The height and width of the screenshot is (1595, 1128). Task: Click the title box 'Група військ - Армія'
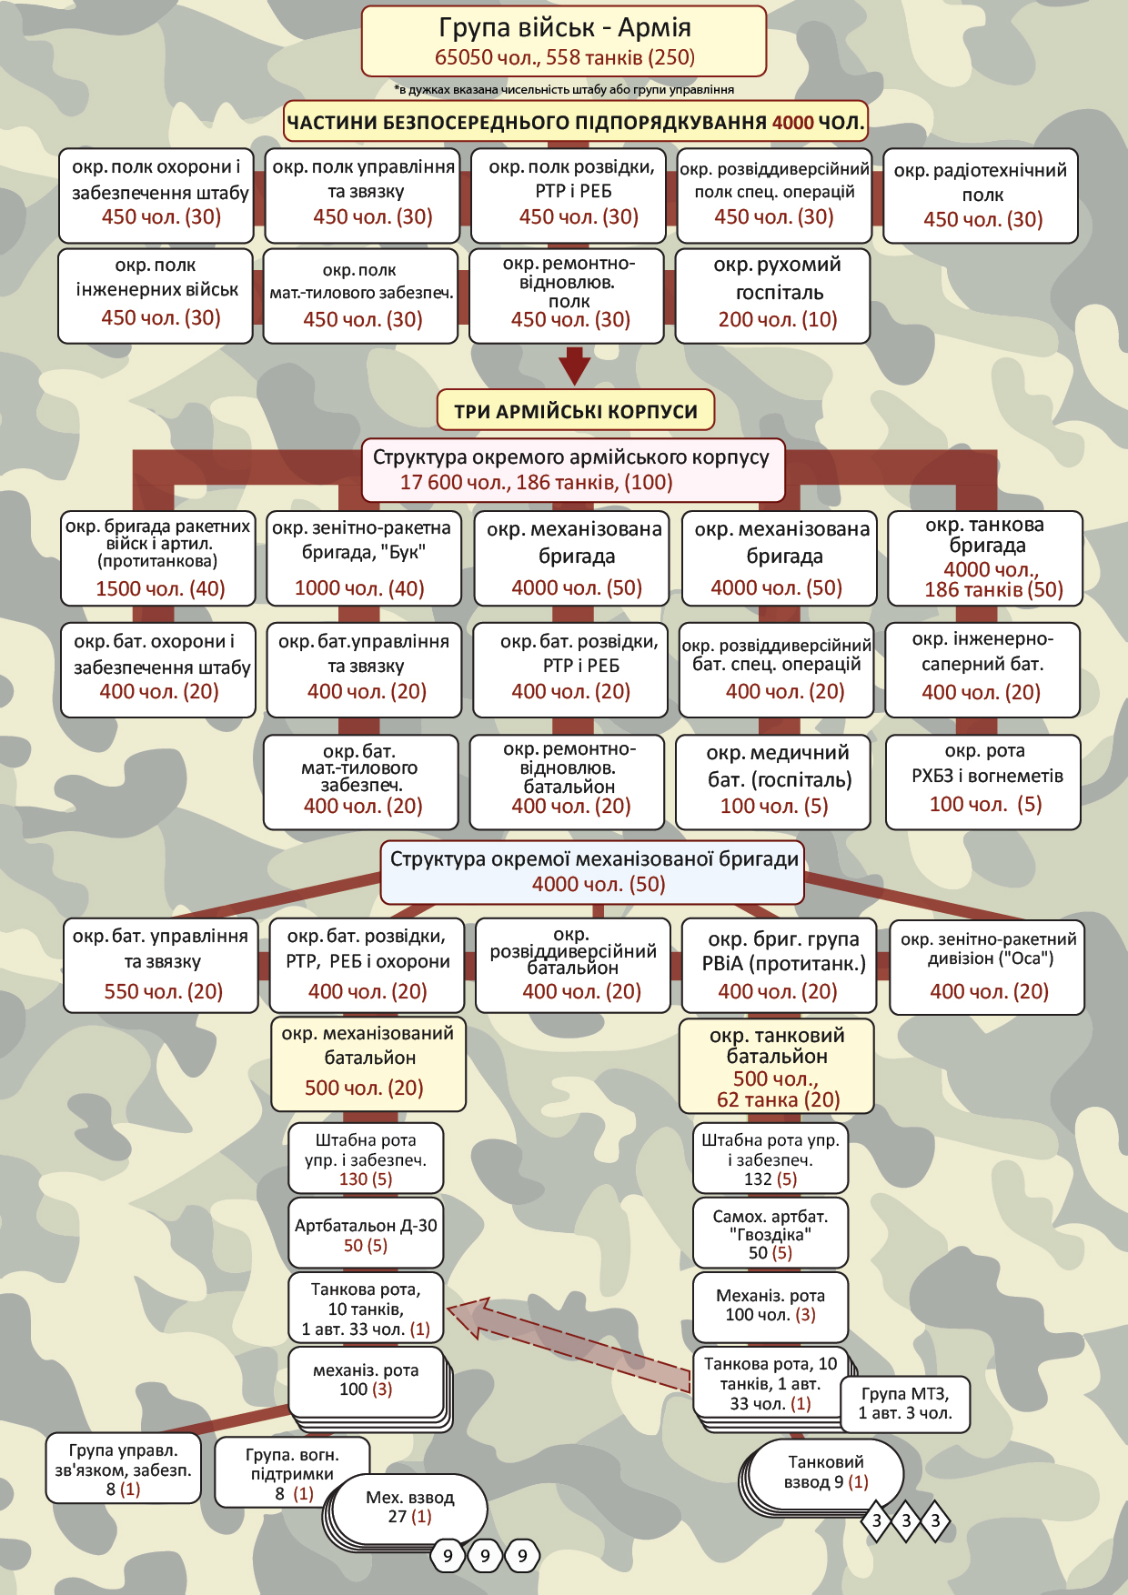(x=564, y=42)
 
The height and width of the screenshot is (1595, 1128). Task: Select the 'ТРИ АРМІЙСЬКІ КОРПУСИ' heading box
(x=576, y=410)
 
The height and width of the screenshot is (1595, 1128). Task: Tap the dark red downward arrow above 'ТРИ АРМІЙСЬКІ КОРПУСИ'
(x=574, y=366)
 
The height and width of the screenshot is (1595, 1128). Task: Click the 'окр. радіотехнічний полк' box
(x=981, y=196)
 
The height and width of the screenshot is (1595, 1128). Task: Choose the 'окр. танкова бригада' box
(x=985, y=557)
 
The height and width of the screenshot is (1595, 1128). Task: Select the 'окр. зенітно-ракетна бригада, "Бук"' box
(x=362, y=557)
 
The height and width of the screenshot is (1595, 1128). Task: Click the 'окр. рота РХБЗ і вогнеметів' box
(x=983, y=782)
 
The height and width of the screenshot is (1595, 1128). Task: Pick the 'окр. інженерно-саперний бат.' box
(x=983, y=669)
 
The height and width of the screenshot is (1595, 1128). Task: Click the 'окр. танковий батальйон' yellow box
(x=776, y=1067)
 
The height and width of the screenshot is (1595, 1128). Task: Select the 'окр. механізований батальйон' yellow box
(x=368, y=1063)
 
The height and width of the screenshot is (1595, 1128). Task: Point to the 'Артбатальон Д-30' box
(x=366, y=1234)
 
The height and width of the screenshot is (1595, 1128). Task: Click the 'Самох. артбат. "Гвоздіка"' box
(x=770, y=1234)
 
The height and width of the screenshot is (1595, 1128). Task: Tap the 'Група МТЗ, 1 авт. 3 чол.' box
(x=905, y=1404)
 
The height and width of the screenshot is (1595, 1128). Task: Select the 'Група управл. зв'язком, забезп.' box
(x=123, y=1469)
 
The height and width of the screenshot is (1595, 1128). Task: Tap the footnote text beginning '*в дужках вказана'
(x=564, y=90)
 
